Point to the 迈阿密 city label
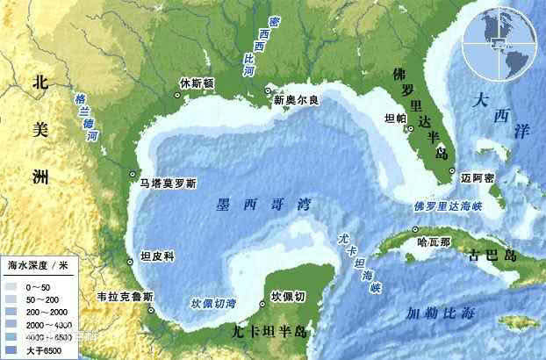[x=478, y=176]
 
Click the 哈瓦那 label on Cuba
[x=434, y=240]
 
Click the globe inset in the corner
[x=503, y=41]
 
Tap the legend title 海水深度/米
[x=38, y=263]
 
